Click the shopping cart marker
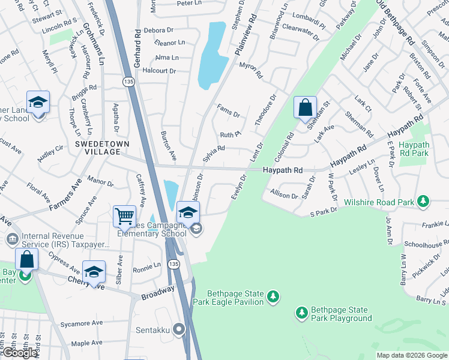pos(124,215)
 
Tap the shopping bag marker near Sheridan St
pos(305,107)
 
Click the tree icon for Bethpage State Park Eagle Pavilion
pos(274,297)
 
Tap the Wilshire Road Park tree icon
pos(424,200)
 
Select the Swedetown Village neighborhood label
pos(98,149)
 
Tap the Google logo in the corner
pos(19,353)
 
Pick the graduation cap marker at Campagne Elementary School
pos(188,212)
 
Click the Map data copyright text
pos(412,355)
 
